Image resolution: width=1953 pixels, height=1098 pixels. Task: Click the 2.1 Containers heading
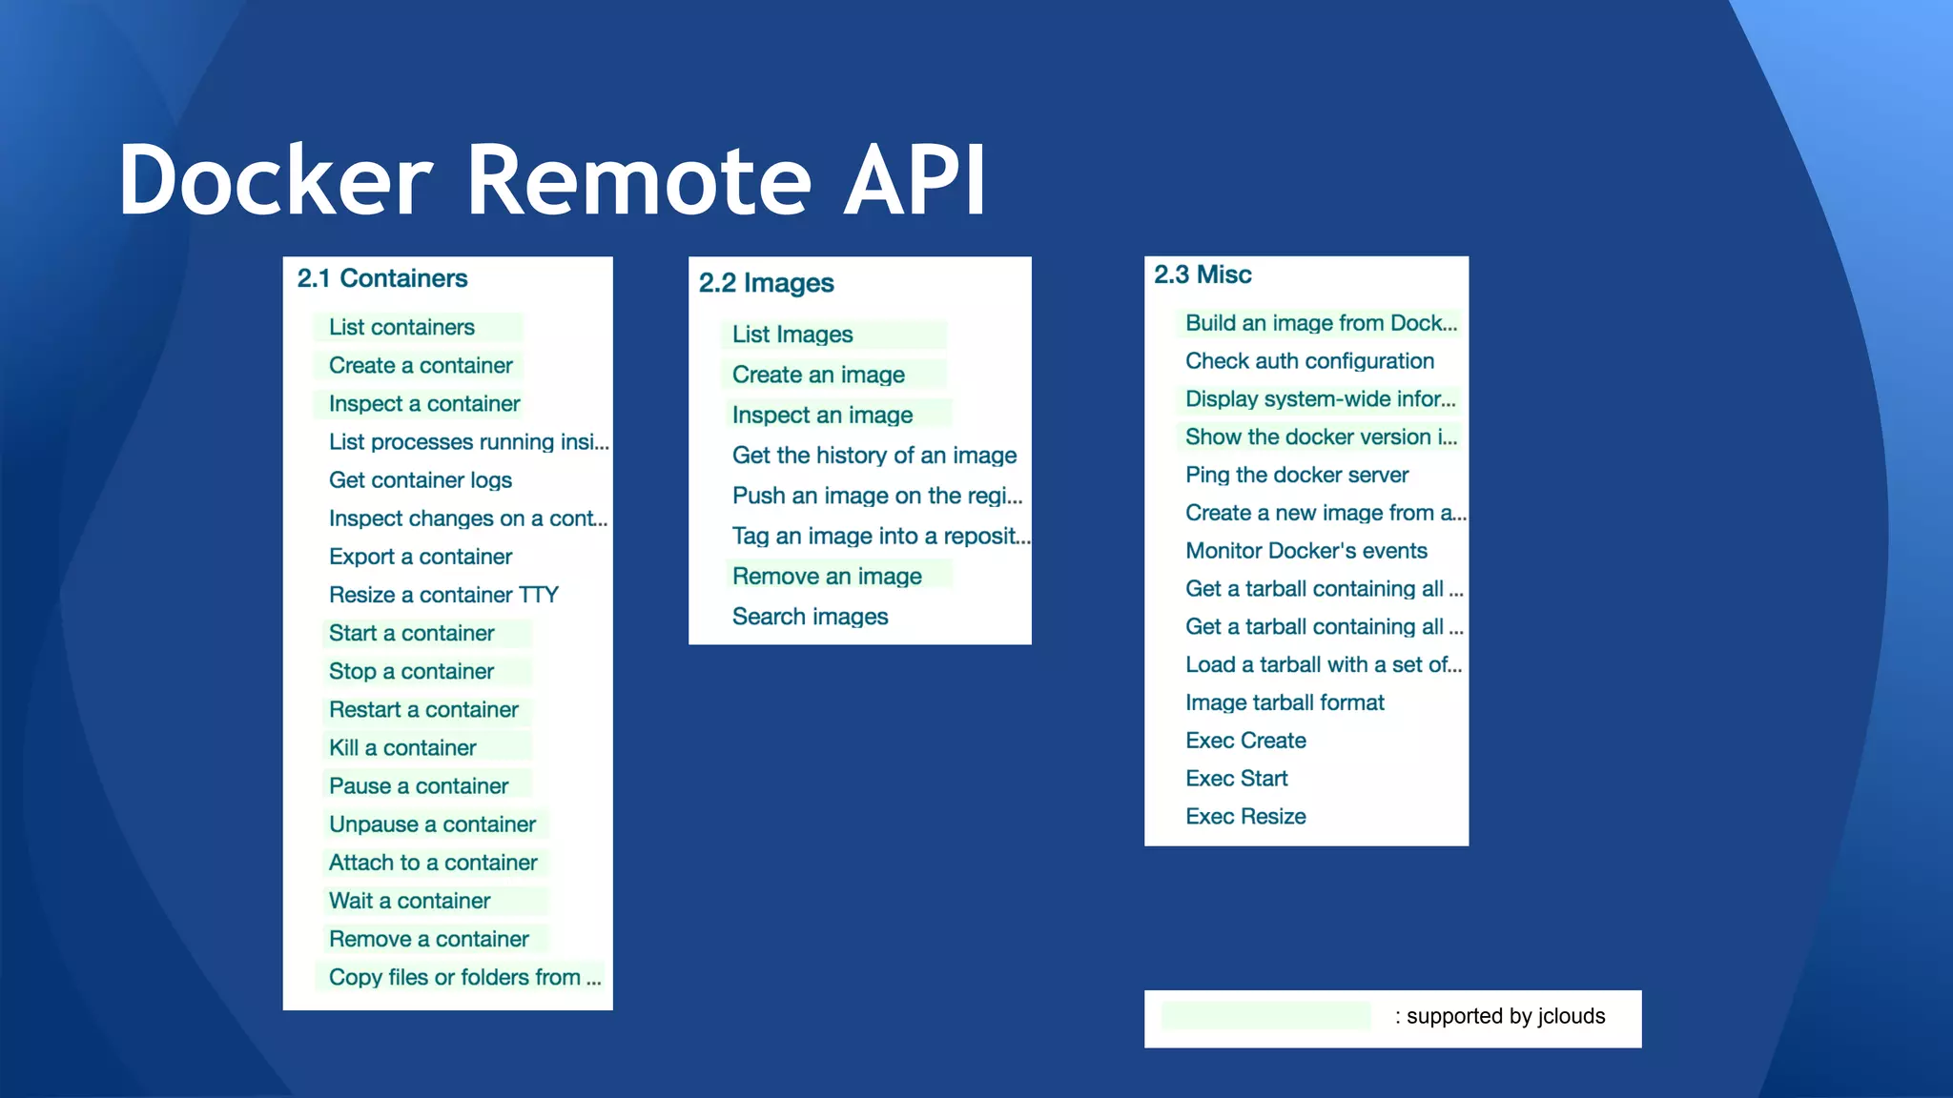382,278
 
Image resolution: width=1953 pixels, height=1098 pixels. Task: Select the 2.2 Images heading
766,283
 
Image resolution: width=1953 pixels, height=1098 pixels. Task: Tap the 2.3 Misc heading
1203,274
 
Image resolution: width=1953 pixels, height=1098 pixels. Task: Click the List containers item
401,327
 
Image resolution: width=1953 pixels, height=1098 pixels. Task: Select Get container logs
421,480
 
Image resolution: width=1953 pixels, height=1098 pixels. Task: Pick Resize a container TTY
443,595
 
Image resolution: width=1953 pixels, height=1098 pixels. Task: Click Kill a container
402,748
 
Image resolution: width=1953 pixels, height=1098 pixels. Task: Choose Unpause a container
432,824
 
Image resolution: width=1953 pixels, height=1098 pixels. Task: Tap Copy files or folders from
464,977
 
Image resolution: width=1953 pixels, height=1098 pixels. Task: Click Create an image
818,375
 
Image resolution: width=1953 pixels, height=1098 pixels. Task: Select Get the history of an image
874,456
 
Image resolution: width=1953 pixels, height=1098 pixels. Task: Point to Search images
810,617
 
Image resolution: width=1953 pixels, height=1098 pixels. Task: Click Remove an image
827,577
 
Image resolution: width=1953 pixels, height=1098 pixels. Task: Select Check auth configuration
1309,361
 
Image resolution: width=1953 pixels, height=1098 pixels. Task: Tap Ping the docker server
1297,475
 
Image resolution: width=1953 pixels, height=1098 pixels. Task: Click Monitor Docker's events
1305,551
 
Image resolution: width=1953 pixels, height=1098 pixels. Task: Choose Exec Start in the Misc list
1236,779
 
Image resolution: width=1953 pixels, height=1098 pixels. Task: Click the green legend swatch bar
1265,1016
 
